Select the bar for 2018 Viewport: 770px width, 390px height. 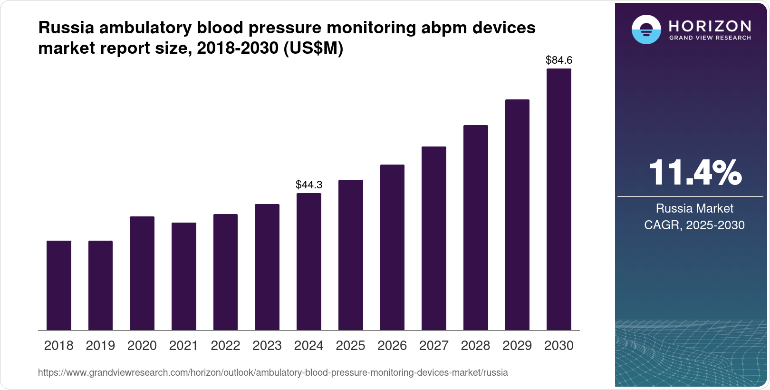click(59, 285)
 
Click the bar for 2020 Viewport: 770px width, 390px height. click(142, 273)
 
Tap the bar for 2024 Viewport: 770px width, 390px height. click(309, 262)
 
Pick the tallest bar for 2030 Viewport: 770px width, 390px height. click(559, 200)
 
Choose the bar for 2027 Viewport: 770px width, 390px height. click(434, 238)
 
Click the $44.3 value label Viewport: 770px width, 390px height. click(309, 185)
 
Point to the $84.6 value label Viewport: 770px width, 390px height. click(559, 60)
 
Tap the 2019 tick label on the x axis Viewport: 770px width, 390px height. click(100, 346)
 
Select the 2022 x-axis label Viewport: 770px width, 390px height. click(225, 346)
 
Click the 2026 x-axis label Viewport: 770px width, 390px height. click(392, 346)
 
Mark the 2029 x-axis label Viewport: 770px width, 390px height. click(517, 346)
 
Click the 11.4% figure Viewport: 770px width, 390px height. click(694, 173)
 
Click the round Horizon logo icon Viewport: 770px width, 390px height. click(646, 30)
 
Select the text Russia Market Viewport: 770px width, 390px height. click(694, 208)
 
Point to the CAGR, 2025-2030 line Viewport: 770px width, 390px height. click(694, 225)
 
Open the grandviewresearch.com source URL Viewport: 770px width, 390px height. click(273, 373)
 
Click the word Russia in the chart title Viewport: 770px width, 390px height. click(66, 28)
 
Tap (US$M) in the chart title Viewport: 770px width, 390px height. click(313, 49)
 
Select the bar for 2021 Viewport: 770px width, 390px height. click(184, 276)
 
